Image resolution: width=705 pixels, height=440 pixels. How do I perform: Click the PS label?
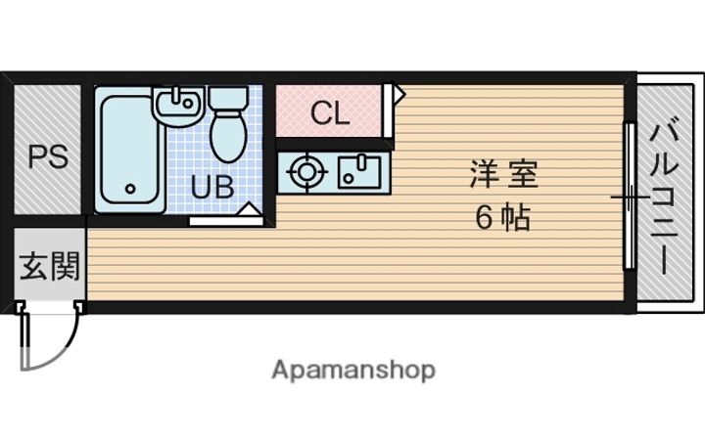[47, 156]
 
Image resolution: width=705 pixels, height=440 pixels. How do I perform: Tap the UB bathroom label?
[211, 187]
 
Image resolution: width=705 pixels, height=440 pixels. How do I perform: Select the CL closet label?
[329, 113]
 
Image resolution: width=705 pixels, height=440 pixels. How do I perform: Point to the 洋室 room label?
[503, 176]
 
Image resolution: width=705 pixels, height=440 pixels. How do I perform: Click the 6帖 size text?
[503, 218]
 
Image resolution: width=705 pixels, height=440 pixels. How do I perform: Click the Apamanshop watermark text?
[353, 371]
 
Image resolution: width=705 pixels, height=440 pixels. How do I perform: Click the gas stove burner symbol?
[306, 172]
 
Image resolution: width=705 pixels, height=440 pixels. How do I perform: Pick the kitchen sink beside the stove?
[359, 171]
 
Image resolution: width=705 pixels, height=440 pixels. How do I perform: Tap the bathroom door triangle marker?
[249, 209]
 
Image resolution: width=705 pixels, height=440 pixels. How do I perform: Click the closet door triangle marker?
[398, 94]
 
